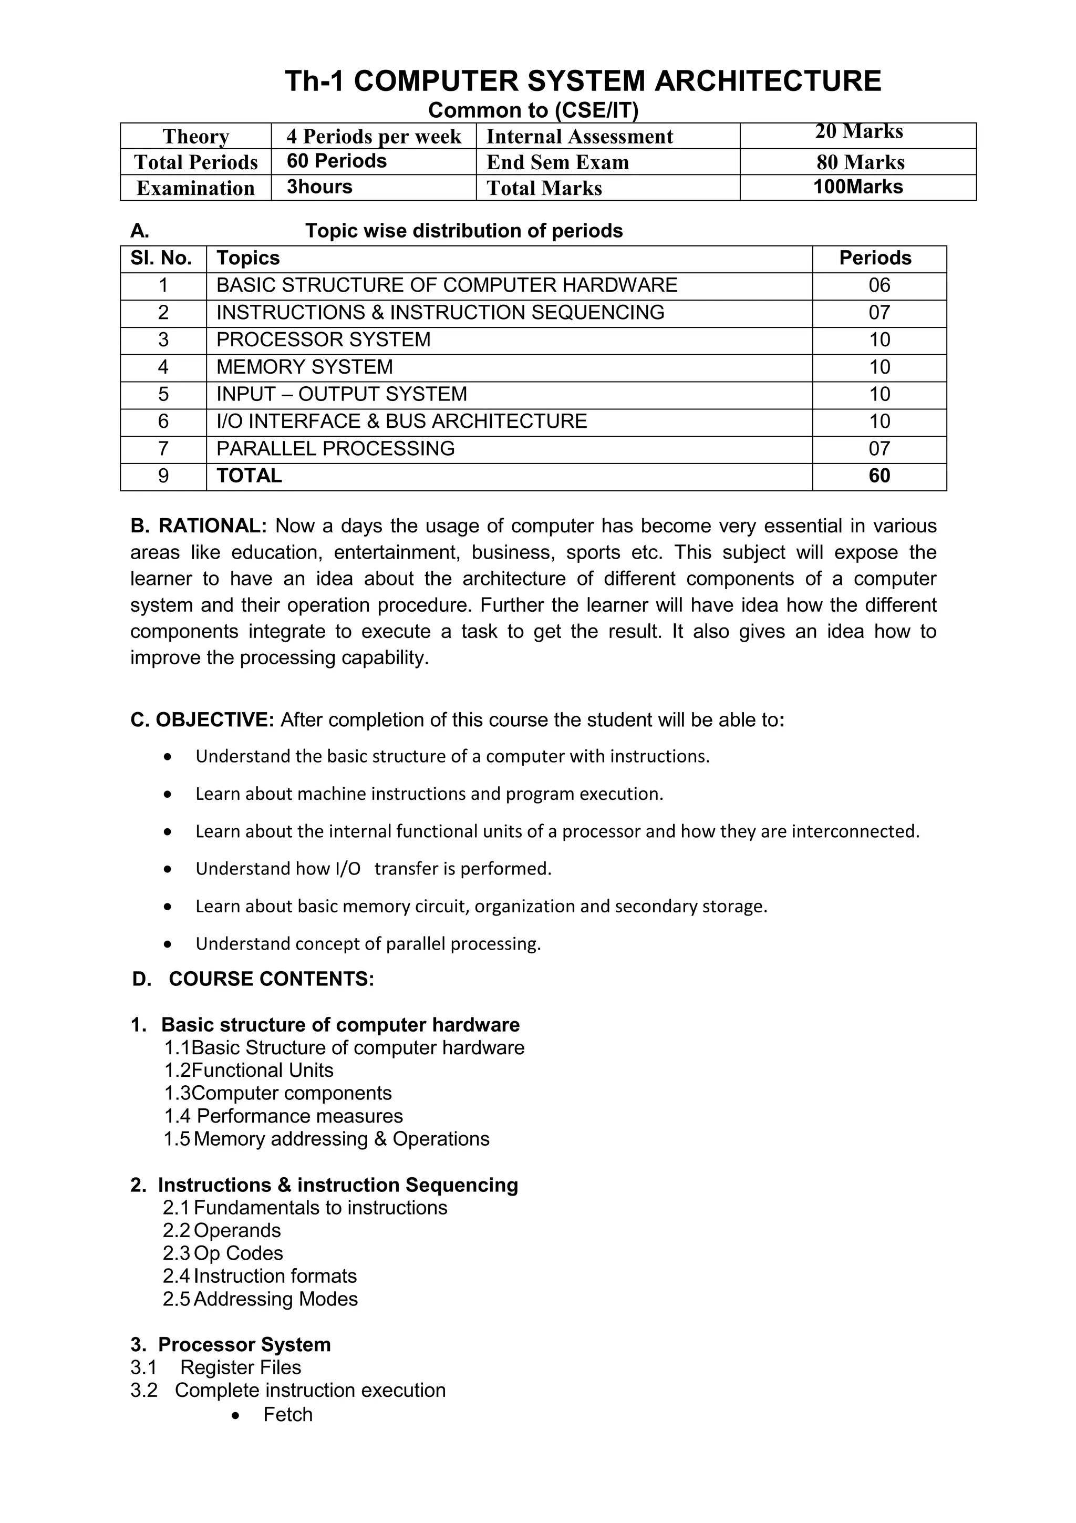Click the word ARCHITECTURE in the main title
pyautogui.click(x=767, y=81)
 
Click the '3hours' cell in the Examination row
pyautogui.click(x=319, y=187)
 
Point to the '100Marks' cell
pyautogui.click(x=858, y=187)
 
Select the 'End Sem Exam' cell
pyautogui.click(x=557, y=162)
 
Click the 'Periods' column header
pyautogui.click(x=875, y=258)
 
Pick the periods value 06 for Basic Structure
pyautogui.click(x=879, y=285)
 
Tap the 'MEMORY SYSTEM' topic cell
pyautogui.click(x=304, y=367)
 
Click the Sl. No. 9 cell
pyautogui.click(x=163, y=476)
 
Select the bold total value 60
pyautogui.click(x=879, y=476)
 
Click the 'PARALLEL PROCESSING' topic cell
pyautogui.click(x=336, y=448)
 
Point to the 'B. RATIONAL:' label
pyautogui.click(x=198, y=526)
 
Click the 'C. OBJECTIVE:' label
pyautogui.click(x=202, y=719)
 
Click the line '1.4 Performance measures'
pyautogui.click(x=283, y=1116)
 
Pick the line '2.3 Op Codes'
pyautogui.click(x=223, y=1253)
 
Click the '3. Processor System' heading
pyautogui.click(x=230, y=1344)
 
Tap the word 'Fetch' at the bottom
pyautogui.click(x=288, y=1414)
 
